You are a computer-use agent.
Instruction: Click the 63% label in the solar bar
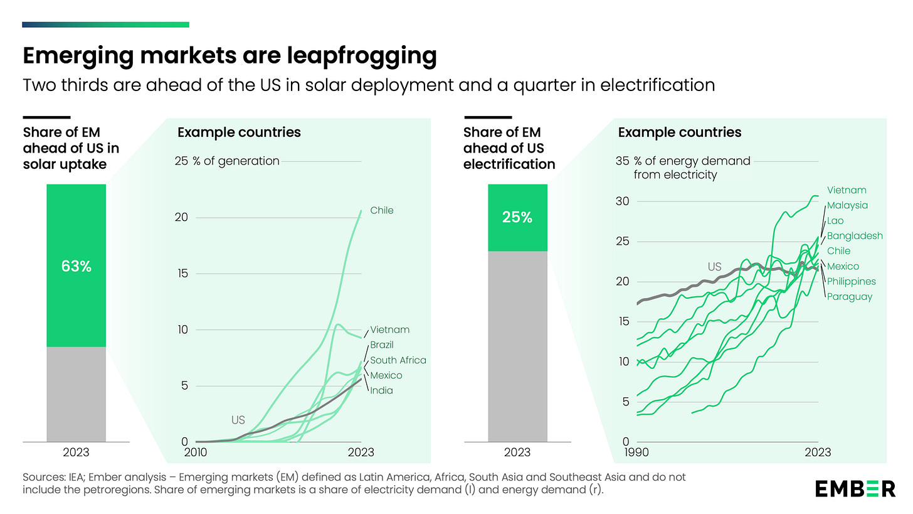pyautogui.click(x=76, y=266)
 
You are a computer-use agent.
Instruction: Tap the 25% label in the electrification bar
pyautogui.click(x=517, y=218)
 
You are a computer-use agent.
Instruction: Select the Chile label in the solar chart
pyautogui.click(x=382, y=210)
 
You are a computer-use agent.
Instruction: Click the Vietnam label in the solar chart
pyautogui.click(x=389, y=329)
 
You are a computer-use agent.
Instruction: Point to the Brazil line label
pyautogui.click(x=382, y=345)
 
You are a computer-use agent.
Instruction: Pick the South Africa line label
pyautogui.click(x=398, y=360)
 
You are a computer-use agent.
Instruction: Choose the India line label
pyautogui.click(x=381, y=390)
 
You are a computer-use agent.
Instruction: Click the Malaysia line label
pyautogui.click(x=848, y=205)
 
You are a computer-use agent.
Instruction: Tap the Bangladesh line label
pyautogui.click(x=855, y=236)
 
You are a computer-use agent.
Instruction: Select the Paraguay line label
pyautogui.click(x=850, y=296)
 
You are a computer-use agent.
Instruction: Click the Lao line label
pyautogui.click(x=835, y=220)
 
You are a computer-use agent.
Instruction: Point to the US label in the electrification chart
pyautogui.click(x=715, y=267)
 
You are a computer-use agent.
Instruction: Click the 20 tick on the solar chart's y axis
pyautogui.click(x=182, y=218)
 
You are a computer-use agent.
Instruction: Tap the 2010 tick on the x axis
pyautogui.click(x=196, y=452)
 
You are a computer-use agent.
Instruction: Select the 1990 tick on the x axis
pyautogui.click(x=637, y=452)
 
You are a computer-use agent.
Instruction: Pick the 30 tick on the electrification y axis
pyautogui.click(x=622, y=201)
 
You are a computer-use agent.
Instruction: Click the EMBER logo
pyautogui.click(x=855, y=488)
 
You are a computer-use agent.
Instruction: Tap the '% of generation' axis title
pyautogui.click(x=236, y=161)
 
